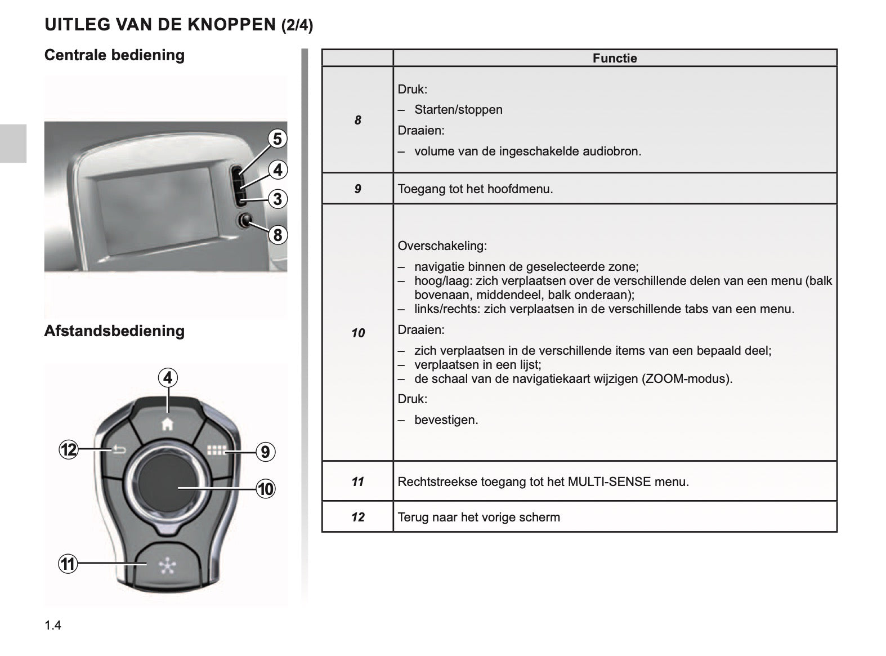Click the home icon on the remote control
pyautogui.click(x=167, y=425)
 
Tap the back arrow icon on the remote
pyautogui.click(x=119, y=449)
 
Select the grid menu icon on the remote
pyautogui.click(x=216, y=450)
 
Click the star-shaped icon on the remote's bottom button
pyautogui.click(x=167, y=566)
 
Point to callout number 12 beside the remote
pyautogui.click(x=69, y=450)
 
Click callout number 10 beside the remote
pyautogui.click(x=266, y=489)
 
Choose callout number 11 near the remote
pyautogui.click(x=68, y=564)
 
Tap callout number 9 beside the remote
pyautogui.click(x=266, y=452)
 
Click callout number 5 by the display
pyautogui.click(x=277, y=139)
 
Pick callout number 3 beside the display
pyautogui.click(x=277, y=199)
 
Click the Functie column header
pyautogui.click(x=615, y=59)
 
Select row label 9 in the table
pyautogui.click(x=357, y=189)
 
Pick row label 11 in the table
pyautogui.click(x=357, y=482)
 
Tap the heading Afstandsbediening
pyautogui.click(x=114, y=331)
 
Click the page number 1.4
pyautogui.click(x=53, y=625)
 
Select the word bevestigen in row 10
pyautogui.click(x=446, y=420)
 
